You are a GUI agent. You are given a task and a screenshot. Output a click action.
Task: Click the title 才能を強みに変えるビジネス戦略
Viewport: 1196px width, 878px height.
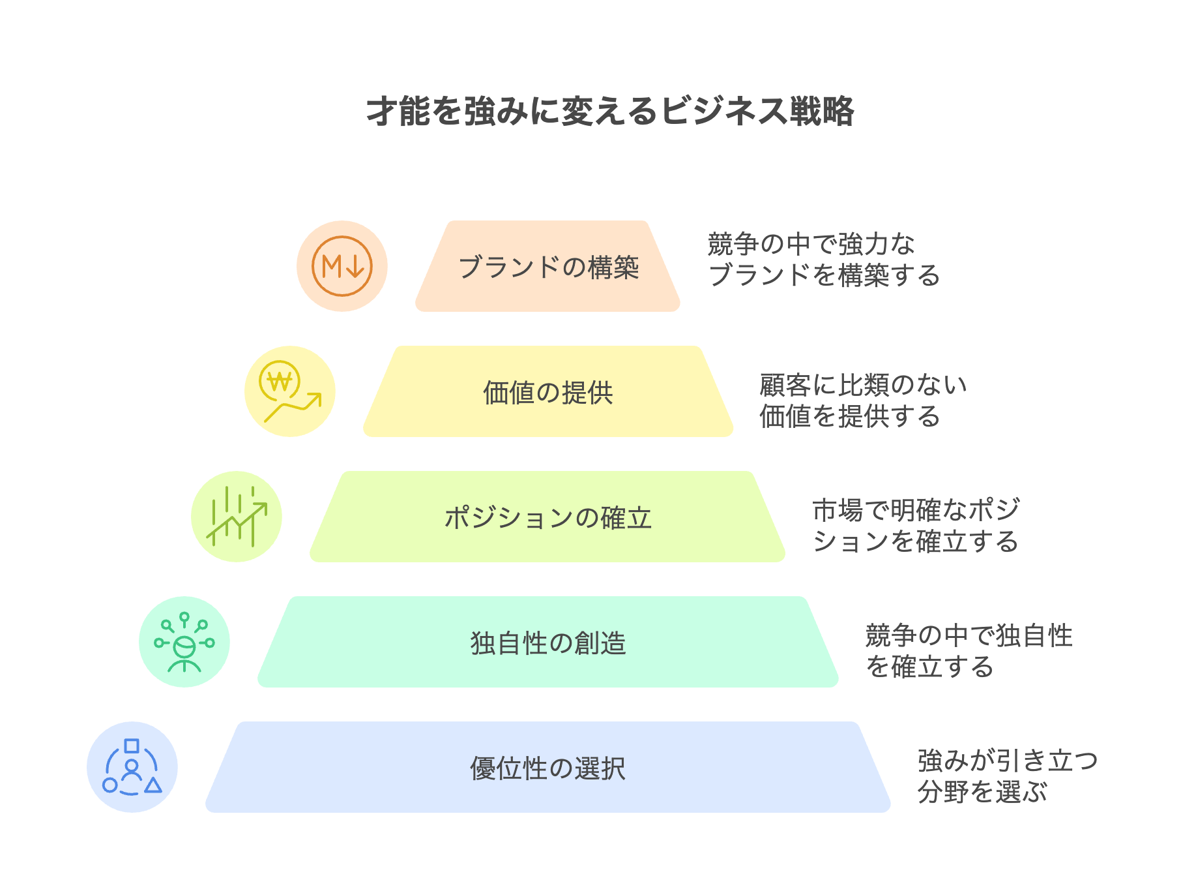coord(610,111)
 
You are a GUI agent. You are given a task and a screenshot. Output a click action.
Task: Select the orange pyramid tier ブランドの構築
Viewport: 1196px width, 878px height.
coord(547,266)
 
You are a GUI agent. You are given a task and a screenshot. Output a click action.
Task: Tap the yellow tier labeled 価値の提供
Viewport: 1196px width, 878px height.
coord(547,391)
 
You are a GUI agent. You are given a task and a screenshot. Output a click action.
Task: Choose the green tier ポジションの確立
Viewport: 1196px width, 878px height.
coord(547,517)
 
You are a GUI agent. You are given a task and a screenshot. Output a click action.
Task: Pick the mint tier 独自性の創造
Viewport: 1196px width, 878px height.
coord(547,642)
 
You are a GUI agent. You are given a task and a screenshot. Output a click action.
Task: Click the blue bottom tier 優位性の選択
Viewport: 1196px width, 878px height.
coord(547,767)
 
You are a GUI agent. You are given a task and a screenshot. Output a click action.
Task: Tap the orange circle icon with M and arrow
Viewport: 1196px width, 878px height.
coord(342,266)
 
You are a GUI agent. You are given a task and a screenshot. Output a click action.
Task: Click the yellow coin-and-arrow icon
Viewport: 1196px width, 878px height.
coord(290,391)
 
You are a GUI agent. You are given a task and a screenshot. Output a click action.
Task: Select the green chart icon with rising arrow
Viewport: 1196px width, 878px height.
coord(237,517)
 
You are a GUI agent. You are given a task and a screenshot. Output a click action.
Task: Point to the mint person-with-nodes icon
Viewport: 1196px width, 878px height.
coord(184,642)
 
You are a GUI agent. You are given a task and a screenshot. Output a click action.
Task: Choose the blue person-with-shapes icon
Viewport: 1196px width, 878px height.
coord(132,767)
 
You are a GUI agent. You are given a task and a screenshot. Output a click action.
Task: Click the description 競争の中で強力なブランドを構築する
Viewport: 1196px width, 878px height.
coord(824,260)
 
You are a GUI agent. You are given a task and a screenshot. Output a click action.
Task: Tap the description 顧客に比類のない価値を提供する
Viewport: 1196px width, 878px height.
coord(863,401)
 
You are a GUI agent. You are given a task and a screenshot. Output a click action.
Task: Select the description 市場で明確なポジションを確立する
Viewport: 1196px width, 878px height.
coord(916,526)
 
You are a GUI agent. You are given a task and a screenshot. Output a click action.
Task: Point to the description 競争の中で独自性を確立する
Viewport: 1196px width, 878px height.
coord(969,651)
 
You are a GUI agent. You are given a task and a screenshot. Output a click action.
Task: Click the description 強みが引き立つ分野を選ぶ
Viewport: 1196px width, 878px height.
coord(1008,776)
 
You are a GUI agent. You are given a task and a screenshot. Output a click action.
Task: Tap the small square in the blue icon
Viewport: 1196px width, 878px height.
coord(132,746)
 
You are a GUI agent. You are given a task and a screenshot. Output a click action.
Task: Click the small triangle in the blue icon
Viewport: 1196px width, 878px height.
coord(153,785)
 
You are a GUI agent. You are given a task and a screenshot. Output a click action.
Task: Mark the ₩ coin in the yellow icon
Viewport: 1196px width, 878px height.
coord(280,380)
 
